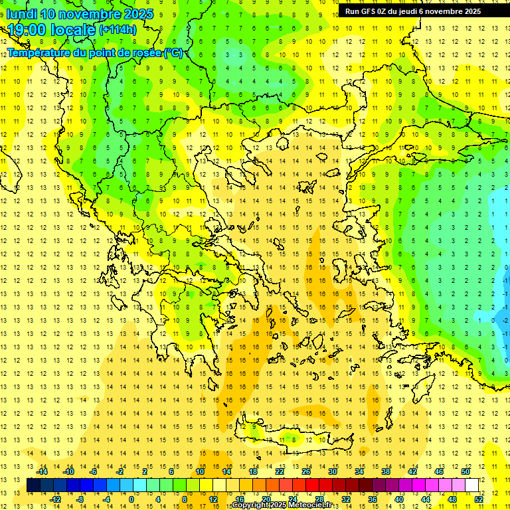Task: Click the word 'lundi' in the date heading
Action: (22, 14)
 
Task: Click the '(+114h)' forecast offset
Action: (118, 30)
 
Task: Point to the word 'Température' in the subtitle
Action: (39, 52)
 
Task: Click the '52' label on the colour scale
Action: (479, 499)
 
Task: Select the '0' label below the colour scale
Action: (131, 499)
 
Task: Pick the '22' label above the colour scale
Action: (280, 471)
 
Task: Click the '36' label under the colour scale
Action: (373, 499)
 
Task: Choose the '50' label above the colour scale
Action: (466, 471)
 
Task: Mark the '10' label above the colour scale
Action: (200, 471)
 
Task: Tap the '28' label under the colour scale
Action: (319, 499)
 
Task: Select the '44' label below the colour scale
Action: (426, 499)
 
